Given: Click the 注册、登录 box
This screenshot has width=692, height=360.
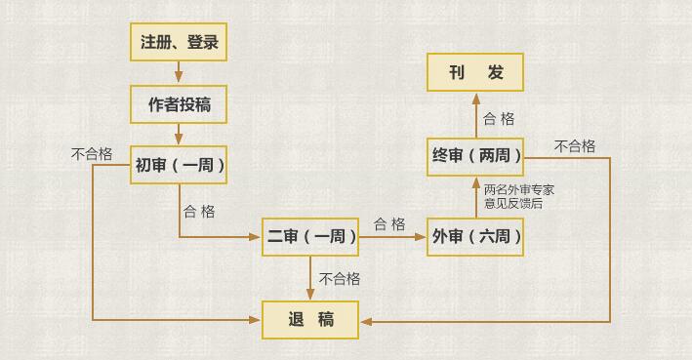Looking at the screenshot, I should point(179,42).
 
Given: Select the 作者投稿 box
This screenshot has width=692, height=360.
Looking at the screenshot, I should point(179,103).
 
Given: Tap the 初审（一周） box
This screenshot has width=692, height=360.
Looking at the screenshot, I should point(180,165).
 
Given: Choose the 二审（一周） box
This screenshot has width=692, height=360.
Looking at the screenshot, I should point(311,237).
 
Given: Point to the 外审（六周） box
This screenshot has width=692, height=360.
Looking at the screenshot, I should point(475,237).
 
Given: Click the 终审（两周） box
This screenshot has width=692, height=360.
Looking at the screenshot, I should point(475,155).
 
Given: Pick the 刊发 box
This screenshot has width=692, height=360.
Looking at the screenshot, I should point(475,73).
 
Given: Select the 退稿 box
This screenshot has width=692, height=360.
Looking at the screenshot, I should point(311,319).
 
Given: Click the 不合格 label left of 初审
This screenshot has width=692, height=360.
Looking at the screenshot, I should point(92,154).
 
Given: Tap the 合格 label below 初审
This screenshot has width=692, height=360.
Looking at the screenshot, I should point(199,211).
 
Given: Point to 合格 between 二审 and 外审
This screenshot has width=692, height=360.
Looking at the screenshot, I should point(389,223).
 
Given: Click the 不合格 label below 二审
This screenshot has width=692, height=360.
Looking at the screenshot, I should point(340,279).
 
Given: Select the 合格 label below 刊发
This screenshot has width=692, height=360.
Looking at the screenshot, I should point(499,119).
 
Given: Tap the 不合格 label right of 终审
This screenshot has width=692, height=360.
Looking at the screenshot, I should point(575,146).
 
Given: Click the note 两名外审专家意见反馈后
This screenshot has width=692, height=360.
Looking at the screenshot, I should point(520,196).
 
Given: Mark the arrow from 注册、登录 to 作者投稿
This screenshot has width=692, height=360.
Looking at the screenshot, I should point(179,73).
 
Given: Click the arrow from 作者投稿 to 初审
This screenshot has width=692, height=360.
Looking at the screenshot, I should point(179,135).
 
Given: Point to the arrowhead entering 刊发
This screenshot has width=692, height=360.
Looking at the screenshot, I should point(475,99).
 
